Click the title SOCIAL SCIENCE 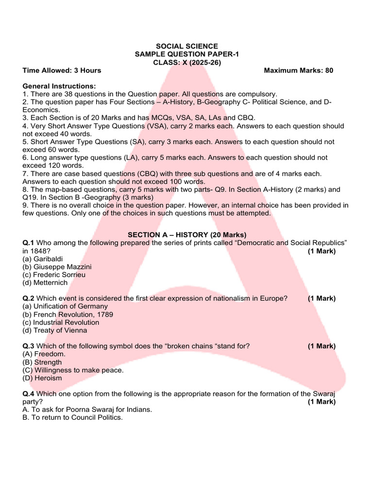tap(187, 46)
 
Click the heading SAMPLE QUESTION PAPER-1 tap(187, 54)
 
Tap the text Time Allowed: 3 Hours tap(62, 71)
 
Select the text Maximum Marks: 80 tap(299, 71)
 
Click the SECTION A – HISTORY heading tap(187, 234)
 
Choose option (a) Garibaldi tap(43, 259)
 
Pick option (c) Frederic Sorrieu tap(54, 275)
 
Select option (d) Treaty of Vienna tap(55, 330)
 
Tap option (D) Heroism tap(42, 378)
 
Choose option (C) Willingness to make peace tap(73, 370)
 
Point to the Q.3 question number tap(29, 346)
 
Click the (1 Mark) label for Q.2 tap(322, 299)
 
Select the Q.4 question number tap(29, 394)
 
